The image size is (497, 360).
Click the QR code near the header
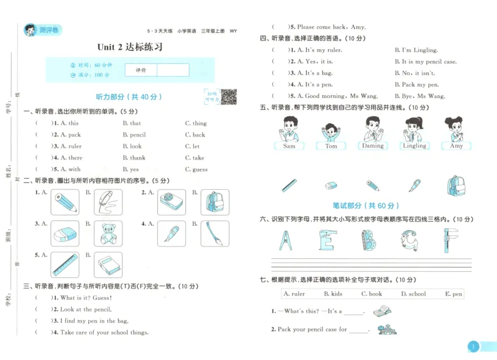(229, 97)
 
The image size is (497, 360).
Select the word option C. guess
(196, 169)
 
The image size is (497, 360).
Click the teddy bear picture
(108, 234)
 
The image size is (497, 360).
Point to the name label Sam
(289, 146)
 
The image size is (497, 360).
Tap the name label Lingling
(414, 146)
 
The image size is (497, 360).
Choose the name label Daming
(373, 146)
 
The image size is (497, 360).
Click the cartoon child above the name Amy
(456, 129)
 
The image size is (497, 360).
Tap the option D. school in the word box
(413, 294)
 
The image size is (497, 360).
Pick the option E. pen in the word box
(454, 294)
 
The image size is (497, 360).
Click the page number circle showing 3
(473, 346)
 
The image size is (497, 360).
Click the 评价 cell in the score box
(141, 70)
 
